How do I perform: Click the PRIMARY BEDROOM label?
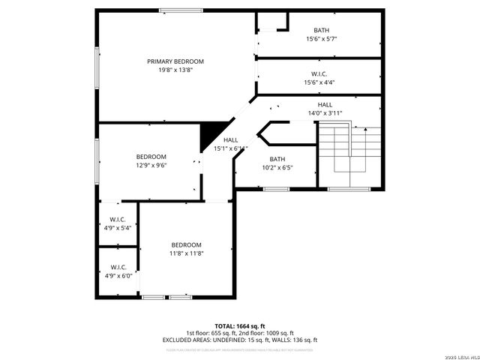tap(175, 61)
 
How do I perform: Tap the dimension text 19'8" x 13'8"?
tap(175, 70)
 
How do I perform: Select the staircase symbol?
tap(349, 154)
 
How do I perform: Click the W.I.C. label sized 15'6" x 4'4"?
tap(319, 74)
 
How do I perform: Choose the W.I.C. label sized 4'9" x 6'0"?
tap(118, 267)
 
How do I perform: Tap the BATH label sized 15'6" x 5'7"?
tap(319, 30)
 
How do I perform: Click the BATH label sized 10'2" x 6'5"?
tap(277, 159)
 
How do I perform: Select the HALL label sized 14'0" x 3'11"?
tap(325, 105)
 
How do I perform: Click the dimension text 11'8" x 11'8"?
tap(186, 253)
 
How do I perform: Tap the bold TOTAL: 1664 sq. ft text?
tap(240, 326)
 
